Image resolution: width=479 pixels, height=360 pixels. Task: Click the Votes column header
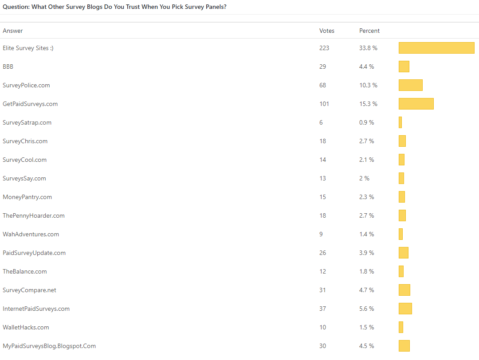(327, 31)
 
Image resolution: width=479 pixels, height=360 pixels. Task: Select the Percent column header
(369, 31)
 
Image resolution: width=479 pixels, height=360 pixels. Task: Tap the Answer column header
(13, 31)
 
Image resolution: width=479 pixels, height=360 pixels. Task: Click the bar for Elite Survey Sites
(436, 48)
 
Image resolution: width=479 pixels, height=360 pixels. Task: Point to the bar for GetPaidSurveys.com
(416, 104)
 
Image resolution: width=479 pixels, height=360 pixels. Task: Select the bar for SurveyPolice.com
(411, 85)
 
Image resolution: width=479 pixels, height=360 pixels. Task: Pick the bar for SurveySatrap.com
(400, 122)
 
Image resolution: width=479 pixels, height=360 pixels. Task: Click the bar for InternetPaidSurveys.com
(405, 309)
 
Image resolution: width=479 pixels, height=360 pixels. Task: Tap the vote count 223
(324, 48)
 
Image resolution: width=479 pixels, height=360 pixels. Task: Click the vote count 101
(324, 104)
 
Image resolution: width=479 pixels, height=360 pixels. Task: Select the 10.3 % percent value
(368, 85)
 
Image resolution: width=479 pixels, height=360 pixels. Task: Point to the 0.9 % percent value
(367, 122)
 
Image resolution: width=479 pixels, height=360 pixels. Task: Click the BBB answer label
(8, 67)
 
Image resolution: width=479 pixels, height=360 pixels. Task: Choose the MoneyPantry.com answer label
(27, 197)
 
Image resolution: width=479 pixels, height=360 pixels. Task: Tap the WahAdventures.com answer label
(31, 234)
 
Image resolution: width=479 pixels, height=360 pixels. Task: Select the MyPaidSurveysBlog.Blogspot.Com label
(49, 346)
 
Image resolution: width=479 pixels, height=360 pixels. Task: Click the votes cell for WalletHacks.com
(322, 327)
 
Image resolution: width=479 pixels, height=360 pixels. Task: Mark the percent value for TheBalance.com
(367, 271)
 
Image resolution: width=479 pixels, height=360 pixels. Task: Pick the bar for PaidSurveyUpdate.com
(404, 253)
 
